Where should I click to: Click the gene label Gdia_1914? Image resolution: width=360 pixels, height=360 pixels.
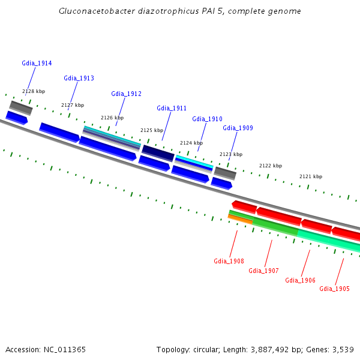tap(37, 63)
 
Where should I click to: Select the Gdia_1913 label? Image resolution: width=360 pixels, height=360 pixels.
tap(79, 78)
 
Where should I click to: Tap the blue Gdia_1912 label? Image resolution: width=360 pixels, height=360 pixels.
tap(126, 94)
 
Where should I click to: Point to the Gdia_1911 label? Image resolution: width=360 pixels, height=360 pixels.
tap(172, 108)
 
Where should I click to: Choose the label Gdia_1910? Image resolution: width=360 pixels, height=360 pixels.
tap(207, 119)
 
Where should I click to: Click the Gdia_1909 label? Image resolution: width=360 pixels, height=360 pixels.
tap(238, 128)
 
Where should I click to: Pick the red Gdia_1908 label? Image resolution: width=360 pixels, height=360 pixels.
tap(229, 261)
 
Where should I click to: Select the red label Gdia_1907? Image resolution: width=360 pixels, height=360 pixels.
tap(263, 271)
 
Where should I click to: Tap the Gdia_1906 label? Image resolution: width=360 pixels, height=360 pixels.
tap(300, 280)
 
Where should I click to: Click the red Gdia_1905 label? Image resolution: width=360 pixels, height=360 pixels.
tap(334, 289)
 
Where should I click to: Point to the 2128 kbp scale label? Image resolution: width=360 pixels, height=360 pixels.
tap(34, 91)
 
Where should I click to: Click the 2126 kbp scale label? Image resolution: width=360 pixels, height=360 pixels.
tap(112, 118)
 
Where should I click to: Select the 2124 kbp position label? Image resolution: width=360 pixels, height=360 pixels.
tap(191, 143)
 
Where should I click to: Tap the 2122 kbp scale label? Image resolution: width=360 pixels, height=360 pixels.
tap(271, 166)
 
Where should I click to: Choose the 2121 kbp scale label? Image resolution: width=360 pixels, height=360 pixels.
tap(311, 176)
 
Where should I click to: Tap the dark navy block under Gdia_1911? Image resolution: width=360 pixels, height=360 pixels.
tap(158, 153)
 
